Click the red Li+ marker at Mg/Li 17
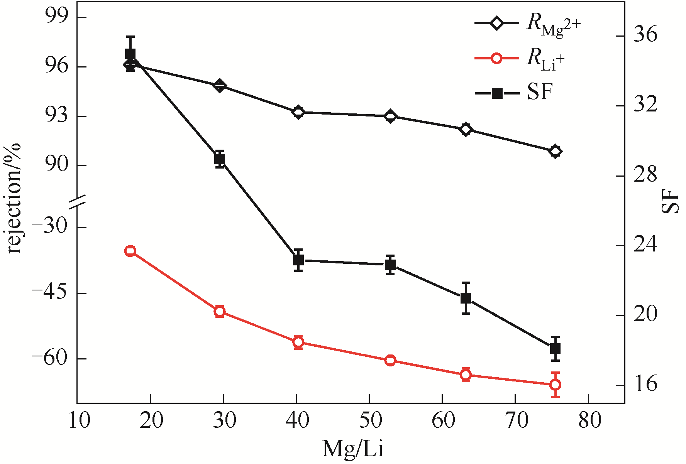tap(130, 251)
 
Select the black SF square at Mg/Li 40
tap(298, 260)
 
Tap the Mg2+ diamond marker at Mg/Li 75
tap(556, 152)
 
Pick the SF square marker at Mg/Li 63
tap(466, 298)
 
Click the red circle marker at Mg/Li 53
tap(390, 360)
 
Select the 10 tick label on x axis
tap(79, 420)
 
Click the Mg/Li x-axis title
tap(353, 449)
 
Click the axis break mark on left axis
tap(77, 202)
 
